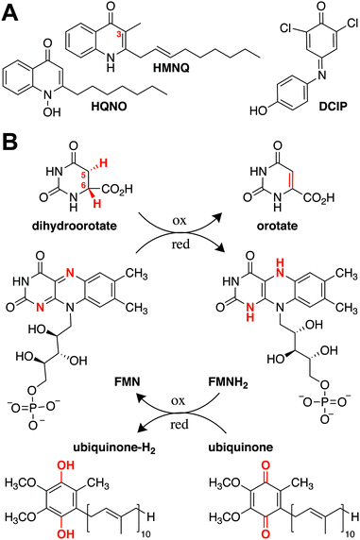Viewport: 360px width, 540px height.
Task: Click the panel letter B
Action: tap(11, 146)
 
